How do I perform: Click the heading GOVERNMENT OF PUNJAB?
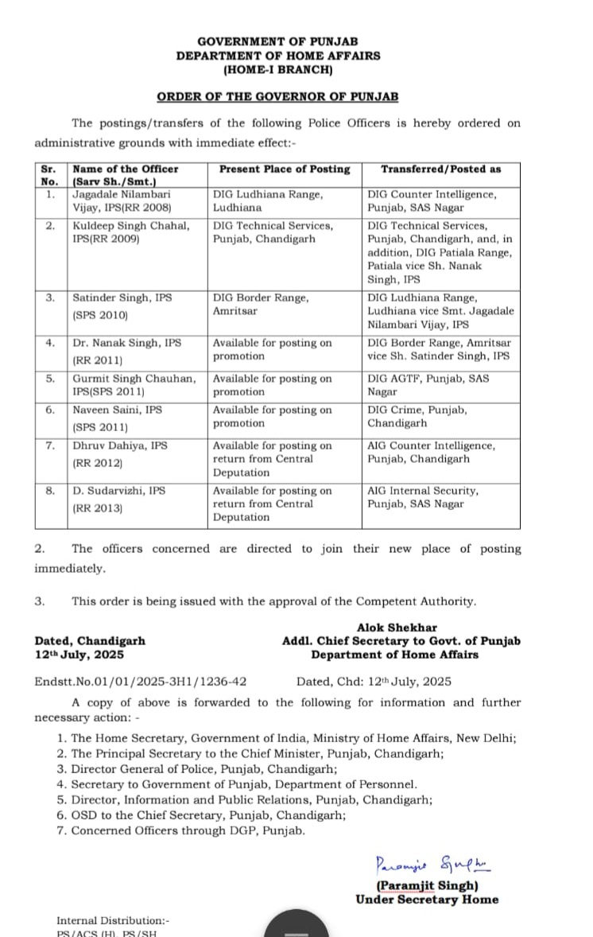click(x=277, y=41)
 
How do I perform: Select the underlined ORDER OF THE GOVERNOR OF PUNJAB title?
click(x=277, y=96)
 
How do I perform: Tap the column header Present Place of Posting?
click(x=285, y=169)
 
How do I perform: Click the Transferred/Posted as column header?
click(x=440, y=169)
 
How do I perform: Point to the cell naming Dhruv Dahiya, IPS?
click(x=121, y=453)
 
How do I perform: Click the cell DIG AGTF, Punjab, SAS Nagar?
click(x=428, y=385)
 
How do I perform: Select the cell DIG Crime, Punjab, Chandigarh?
click(x=417, y=416)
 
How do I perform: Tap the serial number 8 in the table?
click(x=50, y=491)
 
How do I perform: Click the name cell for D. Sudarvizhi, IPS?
click(x=119, y=499)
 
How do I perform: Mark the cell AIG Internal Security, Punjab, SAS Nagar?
click(x=423, y=497)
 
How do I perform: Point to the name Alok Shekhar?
click(x=397, y=628)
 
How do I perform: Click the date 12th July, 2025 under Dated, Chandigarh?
click(x=79, y=655)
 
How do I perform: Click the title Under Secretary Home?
click(x=427, y=900)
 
